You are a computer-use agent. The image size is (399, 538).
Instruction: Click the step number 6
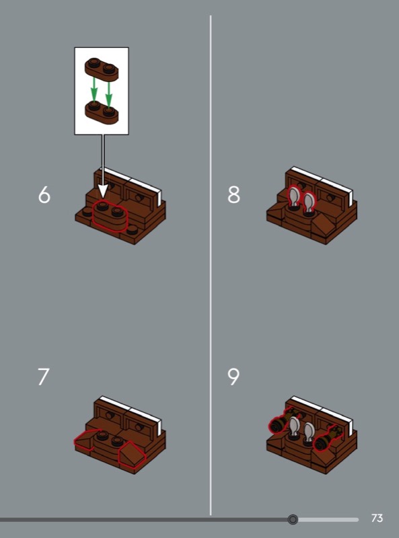[x=44, y=195]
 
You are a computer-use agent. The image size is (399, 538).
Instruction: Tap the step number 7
[x=43, y=377]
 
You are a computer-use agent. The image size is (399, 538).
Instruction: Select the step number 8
[x=234, y=195]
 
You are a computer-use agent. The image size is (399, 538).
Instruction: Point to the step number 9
[x=233, y=377]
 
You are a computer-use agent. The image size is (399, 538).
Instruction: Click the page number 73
[x=377, y=518]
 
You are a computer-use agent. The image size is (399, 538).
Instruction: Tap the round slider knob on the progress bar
[x=293, y=519]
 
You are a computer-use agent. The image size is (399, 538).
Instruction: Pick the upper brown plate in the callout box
[x=102, y=69]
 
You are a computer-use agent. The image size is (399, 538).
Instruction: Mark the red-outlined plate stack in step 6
[x=110, y=215]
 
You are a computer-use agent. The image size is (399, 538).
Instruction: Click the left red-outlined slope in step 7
[x=88, y=439]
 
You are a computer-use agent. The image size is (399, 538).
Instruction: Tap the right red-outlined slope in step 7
[x=131, y=453]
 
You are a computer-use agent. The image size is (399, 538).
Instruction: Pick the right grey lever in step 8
[x=309, y=204]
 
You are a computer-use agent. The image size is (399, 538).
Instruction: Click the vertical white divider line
[x=211, y=265]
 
